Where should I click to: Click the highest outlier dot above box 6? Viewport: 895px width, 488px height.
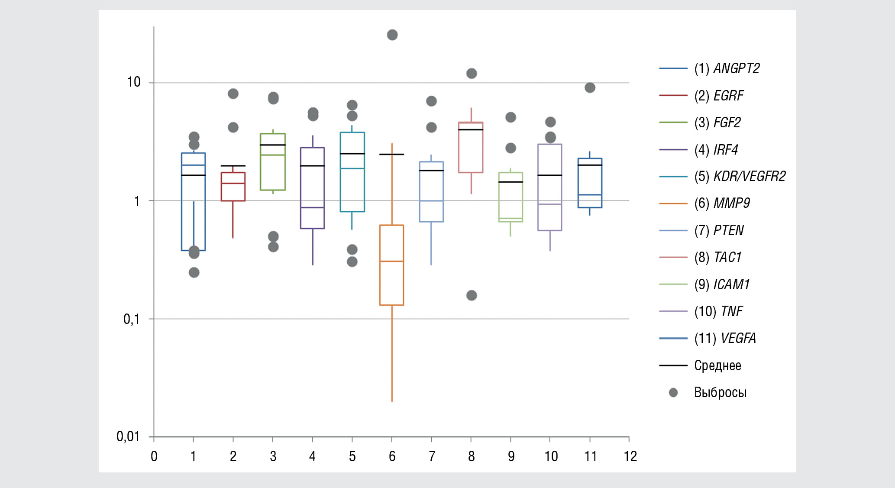pyautogui.click(x=392, y=35)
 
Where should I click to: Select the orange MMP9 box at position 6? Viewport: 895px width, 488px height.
pyautogui.click(x=392, y=265)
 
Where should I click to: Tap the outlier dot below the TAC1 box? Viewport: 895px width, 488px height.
pyautogui.click(x=472, y=295)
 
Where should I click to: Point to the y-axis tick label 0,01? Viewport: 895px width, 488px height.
pyautogui.click(x=128, y=436)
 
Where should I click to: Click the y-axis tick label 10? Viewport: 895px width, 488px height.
pyautogui.click(x=134, y=82)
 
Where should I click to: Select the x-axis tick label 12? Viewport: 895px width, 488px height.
pyautogui.click(x=630, y=456)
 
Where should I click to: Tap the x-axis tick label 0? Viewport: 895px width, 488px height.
pyautogui.click(x=154, y=456)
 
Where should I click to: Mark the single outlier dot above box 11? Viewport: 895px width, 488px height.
pyautogui.click(x=590, y=88)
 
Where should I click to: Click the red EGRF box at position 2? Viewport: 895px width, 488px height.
pyautogui.click(x=233, y=187)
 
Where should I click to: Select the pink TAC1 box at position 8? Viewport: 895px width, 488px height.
pyautogui.click(x=471, y=148)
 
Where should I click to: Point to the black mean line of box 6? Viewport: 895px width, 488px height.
pyautogui.click(x=392, y=154)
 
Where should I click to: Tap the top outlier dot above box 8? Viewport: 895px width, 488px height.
pyautogui.click(x=472, y=74)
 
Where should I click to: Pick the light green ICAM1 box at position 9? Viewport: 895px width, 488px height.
pyautogui.click(x=511, y=197)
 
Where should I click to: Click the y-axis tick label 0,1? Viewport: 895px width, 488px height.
pyautogui.click(x=132, y=319)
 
